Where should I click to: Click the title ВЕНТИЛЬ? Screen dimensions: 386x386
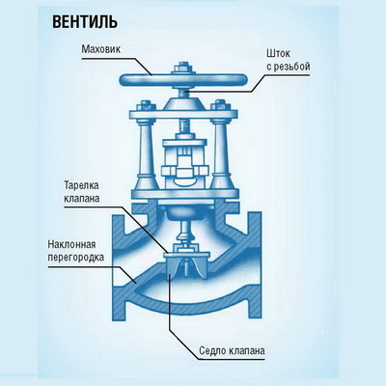click(85, 22)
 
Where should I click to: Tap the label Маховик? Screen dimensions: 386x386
click(101, 49)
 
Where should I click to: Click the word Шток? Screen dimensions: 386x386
click(279, 53)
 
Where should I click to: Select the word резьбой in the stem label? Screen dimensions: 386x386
click(291, 67)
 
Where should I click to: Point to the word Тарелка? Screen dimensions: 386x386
click(81, 185)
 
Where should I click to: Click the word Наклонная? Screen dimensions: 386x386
click(71, 244)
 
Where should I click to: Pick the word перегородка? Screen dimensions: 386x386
click(76, 258)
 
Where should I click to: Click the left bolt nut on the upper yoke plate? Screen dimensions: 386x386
click(147, 106)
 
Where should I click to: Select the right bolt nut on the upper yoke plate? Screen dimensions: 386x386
click(220, 106)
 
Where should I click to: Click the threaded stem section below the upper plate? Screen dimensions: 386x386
click(183, 128)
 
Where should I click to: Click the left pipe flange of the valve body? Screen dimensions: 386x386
click(118, 266)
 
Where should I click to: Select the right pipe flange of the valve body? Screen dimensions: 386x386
click(254, 266)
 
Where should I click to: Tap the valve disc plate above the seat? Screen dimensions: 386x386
click(186, 255)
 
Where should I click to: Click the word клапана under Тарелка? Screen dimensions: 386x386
click(82, 199)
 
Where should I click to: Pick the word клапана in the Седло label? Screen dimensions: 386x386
click(247, 350)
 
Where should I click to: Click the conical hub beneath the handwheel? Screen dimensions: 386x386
click(183, 103)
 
